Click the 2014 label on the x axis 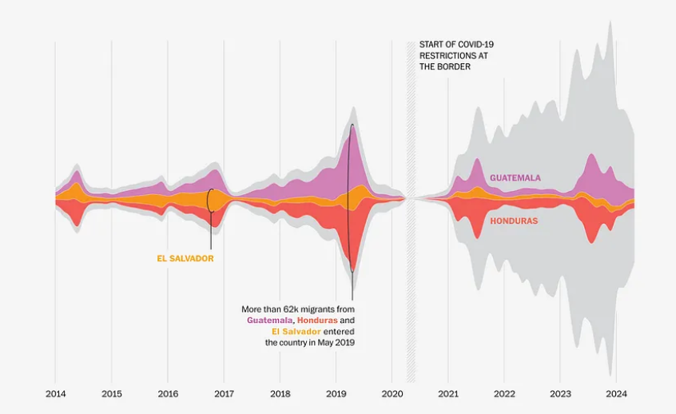[55, 394]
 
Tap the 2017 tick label [224, 394]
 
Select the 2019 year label [336, 394]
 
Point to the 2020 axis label [392, 394]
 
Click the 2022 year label [504, 394]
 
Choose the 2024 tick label [616, 394]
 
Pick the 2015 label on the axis [112, 394]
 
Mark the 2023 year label [560, 394]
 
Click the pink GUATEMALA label [515, 177]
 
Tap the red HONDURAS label [514, 221]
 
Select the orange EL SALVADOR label [185, 259]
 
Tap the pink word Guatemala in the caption [269, 320]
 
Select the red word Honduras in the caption [316, 320]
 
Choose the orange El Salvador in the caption [296, 331]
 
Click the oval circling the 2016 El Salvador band [211, 200]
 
